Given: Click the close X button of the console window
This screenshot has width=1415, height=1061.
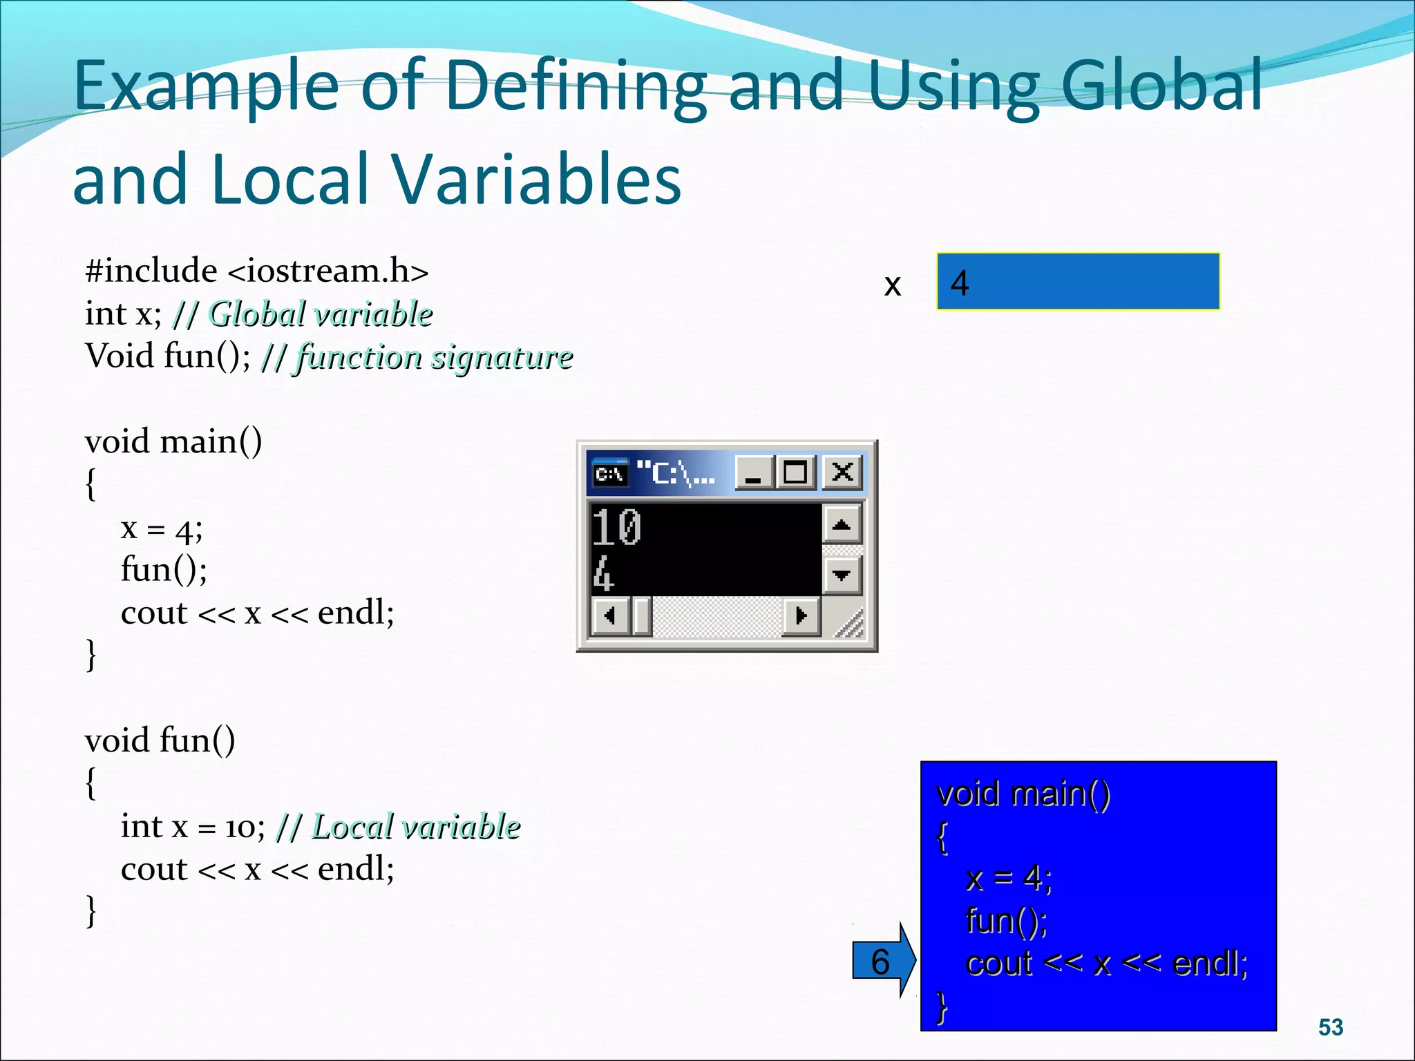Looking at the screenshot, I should tap(842, 473).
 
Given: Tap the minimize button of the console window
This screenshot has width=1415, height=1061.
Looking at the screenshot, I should tap(754, 473).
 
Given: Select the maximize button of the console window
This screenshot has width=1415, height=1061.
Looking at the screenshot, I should tap(795, 473).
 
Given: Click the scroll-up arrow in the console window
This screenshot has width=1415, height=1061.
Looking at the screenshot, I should tap(842, 525).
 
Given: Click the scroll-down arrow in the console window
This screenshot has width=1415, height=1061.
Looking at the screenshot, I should tap(842, 575).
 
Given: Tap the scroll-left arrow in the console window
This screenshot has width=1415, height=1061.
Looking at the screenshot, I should tap(610, 615).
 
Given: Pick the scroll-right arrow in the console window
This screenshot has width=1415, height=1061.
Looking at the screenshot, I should tap(801, 615).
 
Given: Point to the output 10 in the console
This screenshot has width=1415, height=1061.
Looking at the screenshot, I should tap(617, 528).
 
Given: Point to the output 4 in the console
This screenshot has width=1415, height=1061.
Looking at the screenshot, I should tap(603, 575).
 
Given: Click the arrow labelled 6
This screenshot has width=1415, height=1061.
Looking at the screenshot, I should tap(883, 961).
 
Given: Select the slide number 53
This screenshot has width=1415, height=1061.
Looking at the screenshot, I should tap(1331, 1027).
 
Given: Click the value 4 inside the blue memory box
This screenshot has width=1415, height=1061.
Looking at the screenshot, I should tap(960, 283).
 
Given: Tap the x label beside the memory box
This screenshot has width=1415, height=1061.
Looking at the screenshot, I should tap(893, 285).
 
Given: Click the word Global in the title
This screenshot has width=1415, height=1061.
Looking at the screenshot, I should tap(1161, 86).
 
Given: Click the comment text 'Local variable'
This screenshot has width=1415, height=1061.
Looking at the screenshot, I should tap(416, 826).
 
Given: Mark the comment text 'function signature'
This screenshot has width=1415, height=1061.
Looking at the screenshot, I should tap(435, 357).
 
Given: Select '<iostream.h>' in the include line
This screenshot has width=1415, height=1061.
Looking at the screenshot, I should tap(327, 271).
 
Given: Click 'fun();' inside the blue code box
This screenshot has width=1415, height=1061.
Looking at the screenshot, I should tap(1006, 921).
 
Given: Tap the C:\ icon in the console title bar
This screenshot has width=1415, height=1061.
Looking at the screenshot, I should tap(610, 474).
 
